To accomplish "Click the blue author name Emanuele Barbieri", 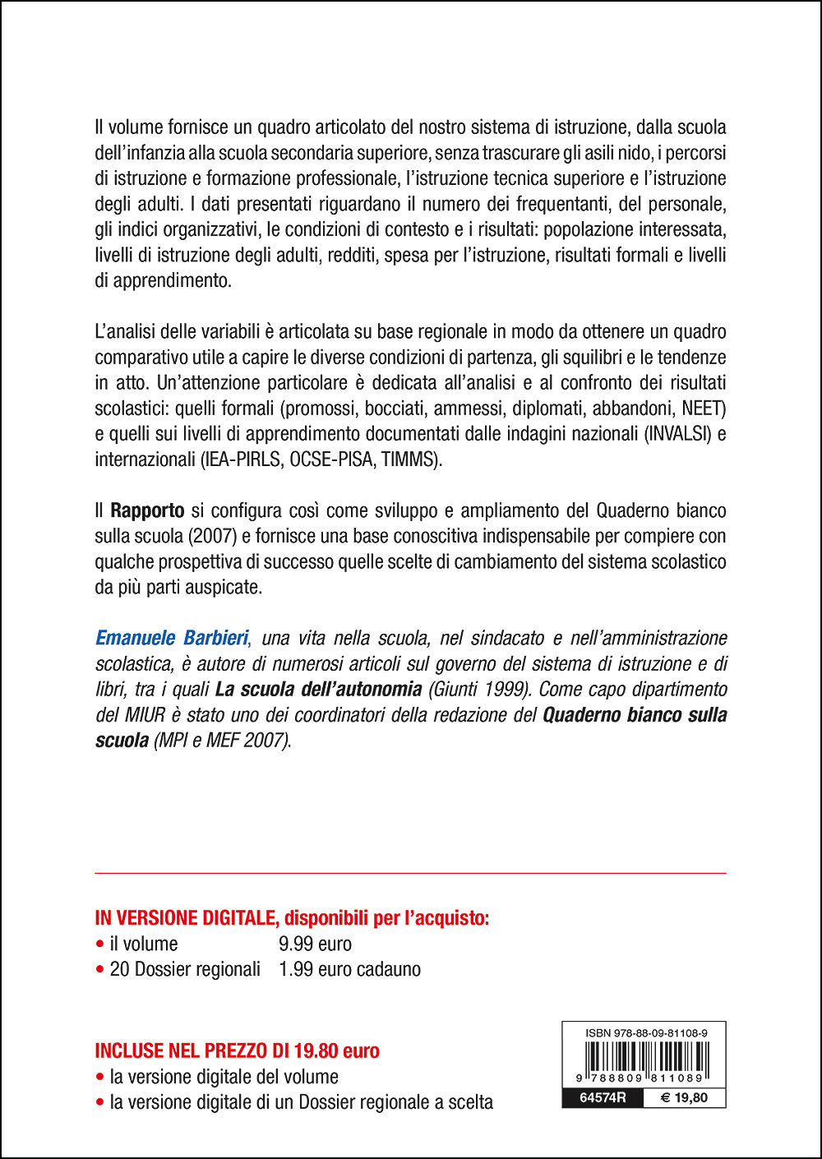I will click(x=171, y=638).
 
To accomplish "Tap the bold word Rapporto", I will click(x=147, y=510).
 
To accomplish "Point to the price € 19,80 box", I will click(x=684, y=1097).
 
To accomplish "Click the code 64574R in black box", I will click(x=603, y=1097).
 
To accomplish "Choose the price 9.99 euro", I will click(x=315, y=944).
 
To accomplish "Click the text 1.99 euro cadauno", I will click(x=349, y=969).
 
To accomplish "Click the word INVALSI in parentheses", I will click(x=679, y=434).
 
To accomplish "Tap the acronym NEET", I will click(x=703, y=409).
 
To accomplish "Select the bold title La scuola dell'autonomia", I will click(x=318, y=689).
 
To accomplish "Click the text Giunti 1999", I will click(x=478, y=689).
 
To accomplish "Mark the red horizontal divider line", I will click(x=411, y=873).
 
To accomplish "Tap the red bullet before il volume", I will click(x=99, y=944).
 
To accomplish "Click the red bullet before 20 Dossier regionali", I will click(x=99, y=969).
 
